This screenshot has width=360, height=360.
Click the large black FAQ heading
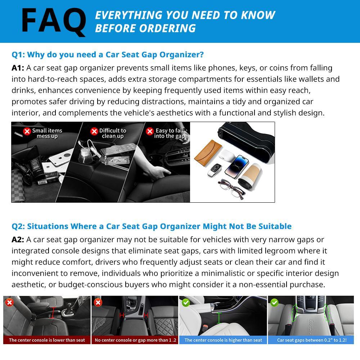click(x=54, y=22)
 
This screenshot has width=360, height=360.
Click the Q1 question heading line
click(x=108, y=55)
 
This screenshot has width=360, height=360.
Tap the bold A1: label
click(x=18, y=68)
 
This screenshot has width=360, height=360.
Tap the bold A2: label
click(x=18, y=240)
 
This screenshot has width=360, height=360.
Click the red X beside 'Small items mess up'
click(x=27, y=131)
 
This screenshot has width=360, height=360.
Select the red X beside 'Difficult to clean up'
click(x=94, y=131)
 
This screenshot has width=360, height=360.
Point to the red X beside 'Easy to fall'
click(x=150, y=131)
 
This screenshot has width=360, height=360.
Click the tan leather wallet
click(x=208, y=150)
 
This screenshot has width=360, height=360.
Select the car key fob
click(x=215, y=170)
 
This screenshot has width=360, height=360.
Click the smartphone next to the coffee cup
click(x=237, y=166)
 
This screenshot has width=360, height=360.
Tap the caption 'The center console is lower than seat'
click(x=47, y=340)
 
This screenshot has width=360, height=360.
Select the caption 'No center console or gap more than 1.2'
click(x=135, y=340)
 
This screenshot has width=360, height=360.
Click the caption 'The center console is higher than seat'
click(x=223, y=340)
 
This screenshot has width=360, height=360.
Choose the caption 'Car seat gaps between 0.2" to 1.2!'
click(x=312, y=340)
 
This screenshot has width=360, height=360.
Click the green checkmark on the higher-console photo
click(x=186, y=303)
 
